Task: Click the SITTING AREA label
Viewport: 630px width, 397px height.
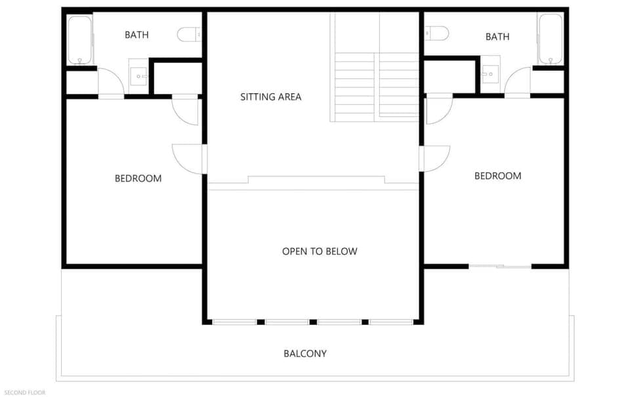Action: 270,97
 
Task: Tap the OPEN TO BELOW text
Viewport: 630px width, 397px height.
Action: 320,251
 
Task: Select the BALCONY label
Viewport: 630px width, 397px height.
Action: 304,354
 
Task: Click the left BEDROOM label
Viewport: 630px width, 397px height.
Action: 138,178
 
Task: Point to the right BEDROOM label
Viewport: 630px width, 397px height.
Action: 497,176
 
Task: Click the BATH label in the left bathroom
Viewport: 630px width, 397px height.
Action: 136,35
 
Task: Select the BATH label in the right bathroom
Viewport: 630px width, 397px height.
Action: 497,37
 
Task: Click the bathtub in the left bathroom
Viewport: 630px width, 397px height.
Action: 79,39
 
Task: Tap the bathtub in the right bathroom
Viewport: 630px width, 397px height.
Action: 550,39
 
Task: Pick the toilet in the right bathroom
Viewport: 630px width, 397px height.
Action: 436,33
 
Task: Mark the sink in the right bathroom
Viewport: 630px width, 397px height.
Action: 490,74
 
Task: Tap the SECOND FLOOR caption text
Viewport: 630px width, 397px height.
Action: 24,392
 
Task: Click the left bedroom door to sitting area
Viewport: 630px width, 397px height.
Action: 189,159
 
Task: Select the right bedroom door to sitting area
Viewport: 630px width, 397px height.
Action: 434,158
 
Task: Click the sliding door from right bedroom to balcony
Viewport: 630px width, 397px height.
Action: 500,266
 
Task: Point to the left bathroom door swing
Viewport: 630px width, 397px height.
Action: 110,83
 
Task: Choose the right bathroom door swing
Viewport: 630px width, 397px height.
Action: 518,81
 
